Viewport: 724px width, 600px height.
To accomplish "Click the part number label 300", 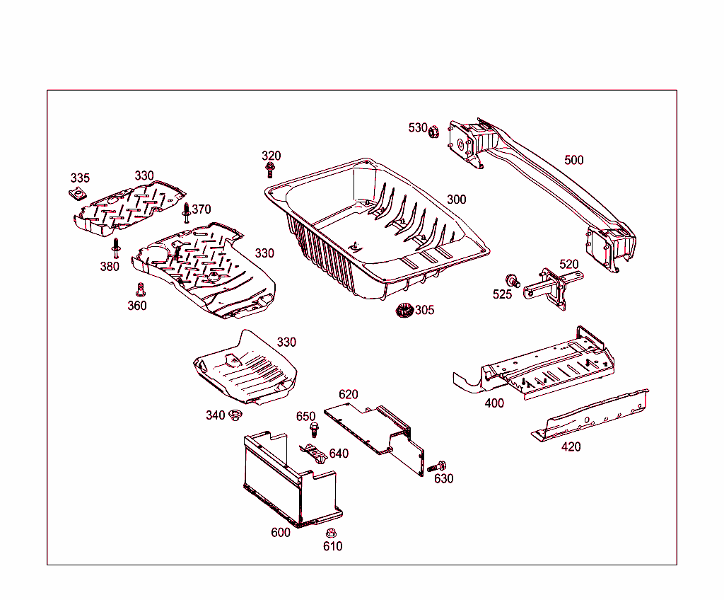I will pyautogui.click(x=456, y=200).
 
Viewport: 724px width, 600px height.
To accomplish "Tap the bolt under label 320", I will pyautogui.click(x=269, y=170).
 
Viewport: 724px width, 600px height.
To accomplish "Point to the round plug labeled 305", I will pyautogui.click(x=404, y=311).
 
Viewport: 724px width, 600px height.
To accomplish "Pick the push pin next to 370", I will pyautogui.click(x=186, y=212).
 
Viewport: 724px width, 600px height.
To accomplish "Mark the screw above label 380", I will pyautogui.click(x=115, y=248).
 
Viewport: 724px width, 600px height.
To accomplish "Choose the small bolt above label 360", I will pyautogui.click(x=139, y=289).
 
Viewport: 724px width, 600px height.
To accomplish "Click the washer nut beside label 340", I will pyautogui.click(x=235, y=415).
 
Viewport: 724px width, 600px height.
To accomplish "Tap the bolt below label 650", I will pyautogui.click(x=313, y=429).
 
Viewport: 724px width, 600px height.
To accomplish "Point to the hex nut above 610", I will pyautogui.click(x=329, y=533).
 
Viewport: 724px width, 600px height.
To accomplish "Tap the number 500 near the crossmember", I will pyautogui.click(x=573, y=160).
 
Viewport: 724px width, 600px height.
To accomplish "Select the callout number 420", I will pyautogui.click(x=571, y=446).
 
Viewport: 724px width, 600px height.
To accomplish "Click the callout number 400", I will pyautogui.click(x=494, y=403).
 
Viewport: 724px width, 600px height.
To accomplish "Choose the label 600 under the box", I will pyautogui.click(x=280, y=532).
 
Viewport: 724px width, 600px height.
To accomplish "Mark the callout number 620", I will pyautogui.click(x=348, y=394).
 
